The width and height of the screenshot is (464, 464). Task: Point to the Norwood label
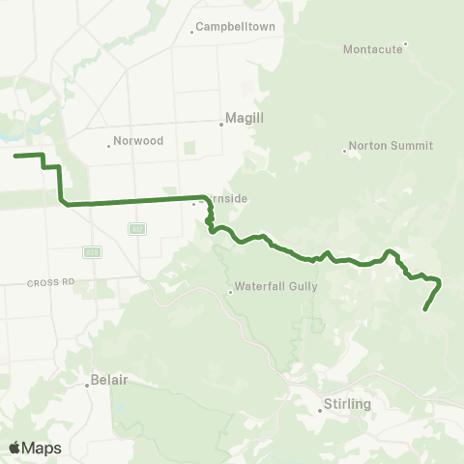pyautogui.click(x=137, y=141)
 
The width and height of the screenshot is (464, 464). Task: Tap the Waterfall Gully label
pyautogui.click(x=275, y=286)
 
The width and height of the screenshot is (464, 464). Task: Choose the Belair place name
pyautogui.click(x=109, y=381)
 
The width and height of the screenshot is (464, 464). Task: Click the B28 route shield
pyautogui.click(x=93, y=251)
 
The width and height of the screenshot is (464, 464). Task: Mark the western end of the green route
pyautogui.click(x=14, y=155)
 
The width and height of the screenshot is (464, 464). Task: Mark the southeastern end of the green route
pyautogui.click(x=425, y=309)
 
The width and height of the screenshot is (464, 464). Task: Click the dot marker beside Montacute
pyautogui.click(x=406, y=43)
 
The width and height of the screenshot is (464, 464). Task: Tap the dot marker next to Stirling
pyautogui.click(x=320, y=410)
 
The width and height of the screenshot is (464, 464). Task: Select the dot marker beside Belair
pyautogui.click(x=87, y=384)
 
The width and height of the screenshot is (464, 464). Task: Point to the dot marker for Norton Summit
pyautogui.click(x=344, y=150)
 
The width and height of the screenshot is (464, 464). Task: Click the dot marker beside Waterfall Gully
pyautogui.click(x=230, y=290)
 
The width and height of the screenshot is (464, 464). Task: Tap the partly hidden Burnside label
pyautogui.click(x=226, y=199)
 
